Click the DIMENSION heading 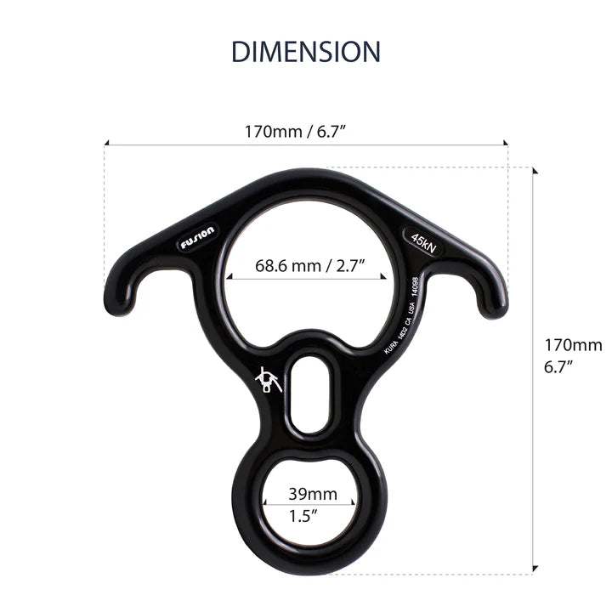(306, 51)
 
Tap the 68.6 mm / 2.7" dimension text (309, 264)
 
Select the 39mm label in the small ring (312, 494)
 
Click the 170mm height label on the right (573, 345)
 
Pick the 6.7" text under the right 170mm (558, 367)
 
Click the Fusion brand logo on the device (197, 236)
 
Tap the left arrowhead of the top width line (106, 144)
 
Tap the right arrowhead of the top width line (506, 144)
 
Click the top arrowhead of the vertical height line (535, 170)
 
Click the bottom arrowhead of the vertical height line (535, 570)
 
